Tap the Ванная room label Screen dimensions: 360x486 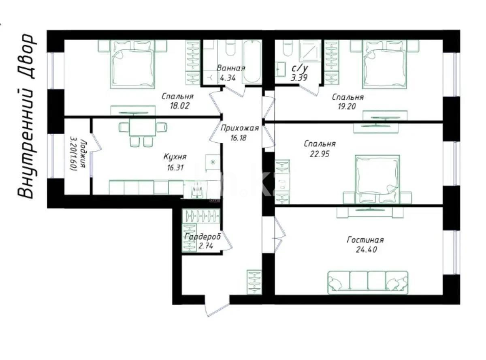pos(230,68)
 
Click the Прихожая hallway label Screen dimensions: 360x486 pos(240,129)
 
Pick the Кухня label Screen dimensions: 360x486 pos(175,157)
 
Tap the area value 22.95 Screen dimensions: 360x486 pos(320,154)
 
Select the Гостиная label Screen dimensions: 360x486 pos(365,240)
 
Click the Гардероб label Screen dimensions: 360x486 pos(202,236)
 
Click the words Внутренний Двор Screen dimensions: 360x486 pos(27,116)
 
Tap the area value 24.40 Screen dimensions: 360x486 pos(365,250)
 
